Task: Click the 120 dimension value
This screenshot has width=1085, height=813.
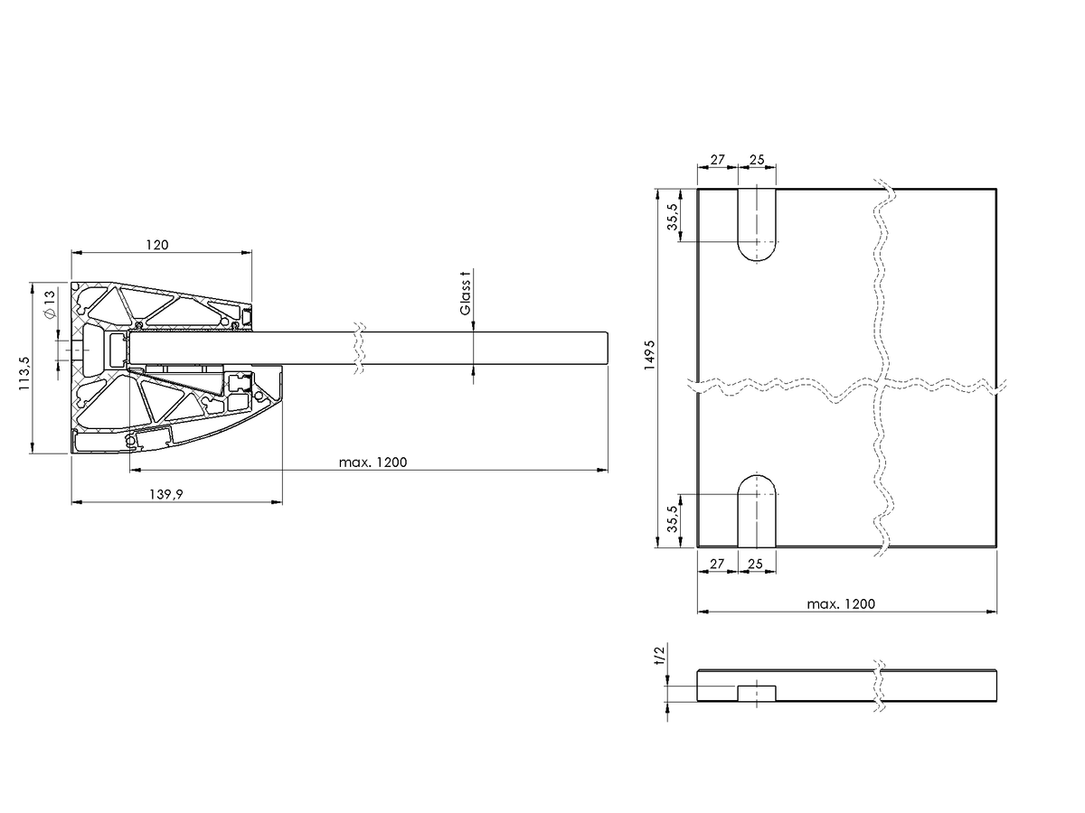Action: pyautogui.click(x=157, y=245)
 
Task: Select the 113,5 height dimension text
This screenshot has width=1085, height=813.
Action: pyautogui.click(x=24, y=374)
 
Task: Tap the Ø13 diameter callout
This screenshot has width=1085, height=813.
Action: pyautogui.click(x=49, y=304)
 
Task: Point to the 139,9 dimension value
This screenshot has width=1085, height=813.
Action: pyautogui.click(x=166, y=494)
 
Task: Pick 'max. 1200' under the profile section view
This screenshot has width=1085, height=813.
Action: pyautogui.click(x=373, y=463)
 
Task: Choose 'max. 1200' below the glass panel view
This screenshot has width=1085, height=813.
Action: pyautogui.click(x=841, y=604)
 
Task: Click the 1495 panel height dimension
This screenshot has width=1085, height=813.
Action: pyautogui.click(x=649, y=355)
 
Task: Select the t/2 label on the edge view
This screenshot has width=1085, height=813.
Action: pyautogui.click(x=659, y=657)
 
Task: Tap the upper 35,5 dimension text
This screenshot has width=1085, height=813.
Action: pyautogui.click(x=673, y=217)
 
